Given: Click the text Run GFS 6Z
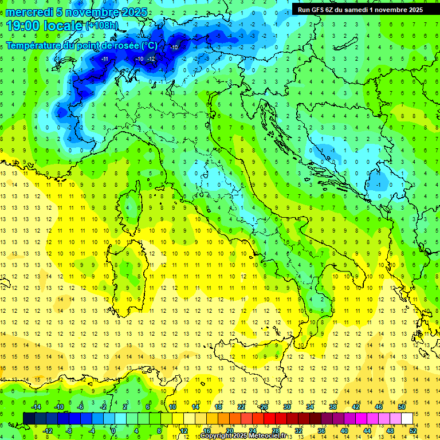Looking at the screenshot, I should pos(316,9).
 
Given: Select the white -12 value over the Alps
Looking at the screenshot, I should pos(151,59).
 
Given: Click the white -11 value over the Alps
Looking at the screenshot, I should pos(105,59).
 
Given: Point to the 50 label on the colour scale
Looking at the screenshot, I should pos(401,406).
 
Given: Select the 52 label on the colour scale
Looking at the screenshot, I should pos(412,430).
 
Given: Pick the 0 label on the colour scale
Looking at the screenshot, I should pos(114,430).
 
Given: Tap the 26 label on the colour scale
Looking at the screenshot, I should pos(264,406).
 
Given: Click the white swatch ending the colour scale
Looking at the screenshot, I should pos(407,418).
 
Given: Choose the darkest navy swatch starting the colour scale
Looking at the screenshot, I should pos(29,418).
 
